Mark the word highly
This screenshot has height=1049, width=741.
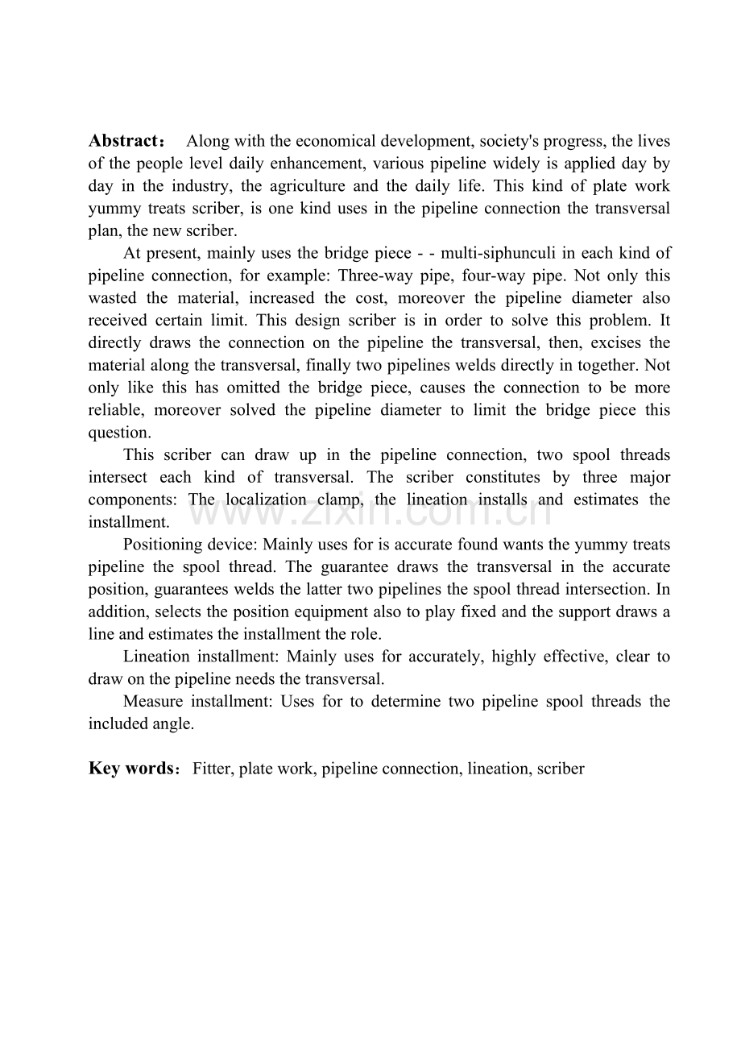click(x=503, y=657)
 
